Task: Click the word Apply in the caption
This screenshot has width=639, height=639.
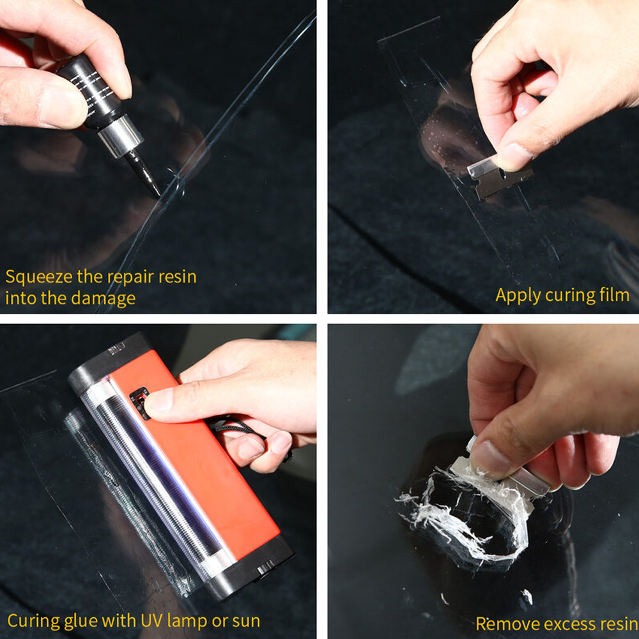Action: click(516, 295)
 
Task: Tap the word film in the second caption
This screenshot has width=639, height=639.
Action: click(613, 295)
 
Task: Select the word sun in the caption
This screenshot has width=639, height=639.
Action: click(245, 620)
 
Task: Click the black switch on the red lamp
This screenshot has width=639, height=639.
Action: click(139, 403)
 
